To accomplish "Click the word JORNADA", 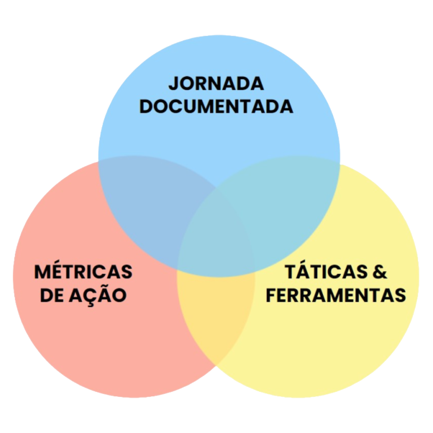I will (216, 84).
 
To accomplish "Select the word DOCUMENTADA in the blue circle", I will (216, 107).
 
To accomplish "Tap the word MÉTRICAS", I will (83, 272).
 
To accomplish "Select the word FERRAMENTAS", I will (336, 295).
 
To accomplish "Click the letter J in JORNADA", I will (173, 84).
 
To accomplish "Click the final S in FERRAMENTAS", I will (400, 295).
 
